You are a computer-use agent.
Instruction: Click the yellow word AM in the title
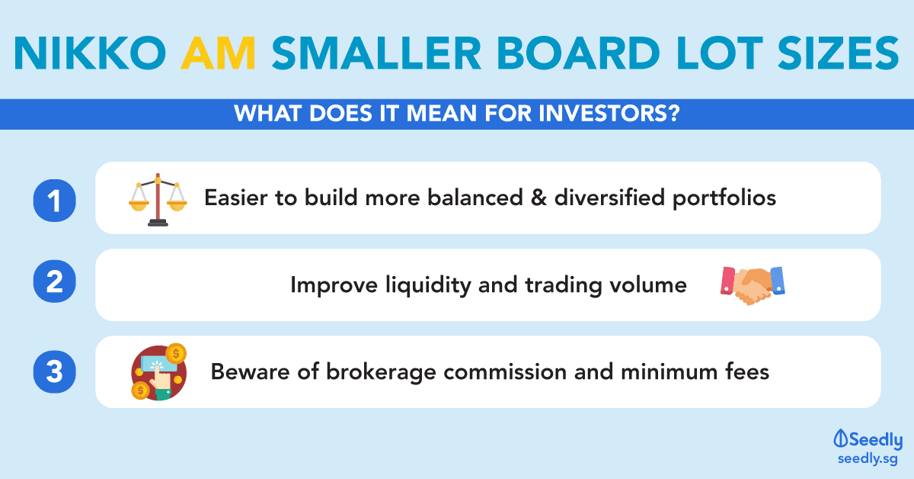pyautogui.click(x=219, y=53)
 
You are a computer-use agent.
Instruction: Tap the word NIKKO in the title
pyautogui.click(x=90, y=53)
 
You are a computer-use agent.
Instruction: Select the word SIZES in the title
pyautogui.click(x=839, y=53)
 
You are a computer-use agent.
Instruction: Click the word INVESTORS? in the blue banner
pyautogui.click(x=609, y=113)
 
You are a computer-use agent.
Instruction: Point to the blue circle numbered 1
pyautogui.click(x=54, y=201)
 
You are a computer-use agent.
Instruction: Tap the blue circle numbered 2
pyautogui.click(x=54, y=281)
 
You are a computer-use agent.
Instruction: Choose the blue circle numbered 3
pyautogui.click(x=54, y=372)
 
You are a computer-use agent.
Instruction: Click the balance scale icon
pyautogui.click(x=158, y=199)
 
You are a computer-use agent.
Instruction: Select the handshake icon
pyautogui.click(x=753, y=285)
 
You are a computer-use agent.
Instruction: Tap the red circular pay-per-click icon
pyautogui.click(x=158, y=372)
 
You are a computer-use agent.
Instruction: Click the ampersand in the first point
pyautogui.click(x=538, y=198)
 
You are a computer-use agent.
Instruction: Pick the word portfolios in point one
pyautogui.click(x=724, y=198)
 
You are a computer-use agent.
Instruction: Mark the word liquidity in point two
pyautogui.click(x=428, y=285)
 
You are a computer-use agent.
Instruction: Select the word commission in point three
pyautogui.click(x=505, y=372)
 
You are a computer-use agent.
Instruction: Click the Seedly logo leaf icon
pyautogui.click(x=840, y=439)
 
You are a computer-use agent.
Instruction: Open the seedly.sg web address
pyautogui.click(x=868, y=459)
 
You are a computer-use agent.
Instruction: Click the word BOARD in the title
pyautogui.click(x=578, y=53)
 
